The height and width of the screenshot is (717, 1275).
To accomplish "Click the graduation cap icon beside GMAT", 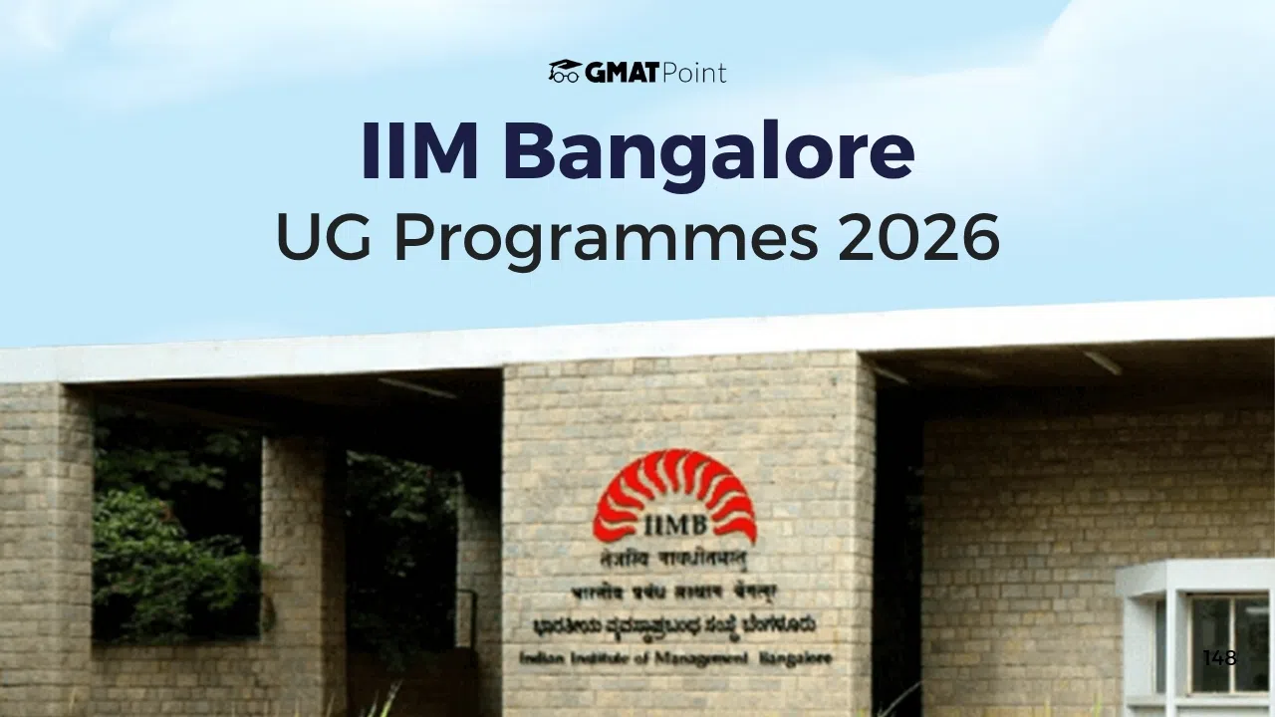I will [x=565, y=72].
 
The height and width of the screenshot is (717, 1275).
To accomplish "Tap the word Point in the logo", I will [x=694, y=73].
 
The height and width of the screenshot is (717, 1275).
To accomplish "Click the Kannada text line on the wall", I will [x=674, y=625].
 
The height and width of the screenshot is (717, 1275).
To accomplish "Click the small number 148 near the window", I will [x=1219, y=657].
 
